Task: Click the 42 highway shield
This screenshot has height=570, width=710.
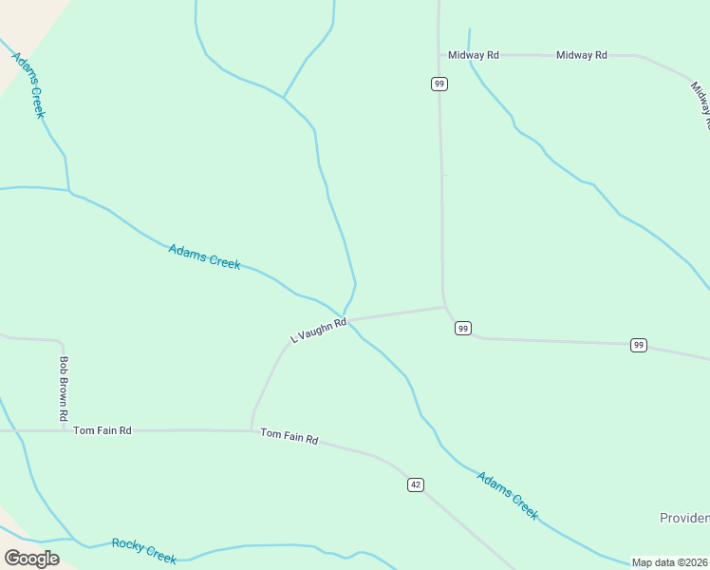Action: pyautogui.click(x=415, y=484)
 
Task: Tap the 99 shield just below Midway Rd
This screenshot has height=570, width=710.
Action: pyautogui.click(x=439, y=84)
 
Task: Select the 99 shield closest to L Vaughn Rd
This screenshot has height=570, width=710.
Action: pyautogui.click(x=462, y=328)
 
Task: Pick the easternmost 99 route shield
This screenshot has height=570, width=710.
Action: pyautogui.click(x=639, y=344)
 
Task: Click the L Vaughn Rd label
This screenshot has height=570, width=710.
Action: pyautogui.click(x=318, y=331)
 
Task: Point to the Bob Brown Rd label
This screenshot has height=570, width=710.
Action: pyautogui.click(x=64, y=389)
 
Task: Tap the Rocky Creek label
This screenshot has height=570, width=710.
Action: pyautogui.click(x=144, y=550)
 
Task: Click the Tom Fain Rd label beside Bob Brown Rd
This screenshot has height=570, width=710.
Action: pyautogui.click(x=103, y=430)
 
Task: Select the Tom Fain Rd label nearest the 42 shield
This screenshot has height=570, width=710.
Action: pyautogui.click(x=290, y=437)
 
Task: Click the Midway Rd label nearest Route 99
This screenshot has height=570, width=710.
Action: pyautogui.click(x=474, y=55)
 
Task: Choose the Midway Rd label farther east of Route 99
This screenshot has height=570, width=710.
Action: pyautogui.click(x=582, y=55)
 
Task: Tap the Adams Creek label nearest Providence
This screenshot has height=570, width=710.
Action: pyautogui.click(x=508, y=495)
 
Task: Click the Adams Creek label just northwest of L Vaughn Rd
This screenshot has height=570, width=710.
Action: pyautogui.click(x=204, y=256)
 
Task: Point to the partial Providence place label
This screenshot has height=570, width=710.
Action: pyautogui.click(x=684, y=518)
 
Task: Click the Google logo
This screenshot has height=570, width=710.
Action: pyautogui.click(x=32, y=558)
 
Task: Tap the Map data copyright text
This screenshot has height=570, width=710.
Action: pyautogui.click(x=670, y=562)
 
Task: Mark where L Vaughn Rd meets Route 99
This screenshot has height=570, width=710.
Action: pyautogui.click(x=443, y=306)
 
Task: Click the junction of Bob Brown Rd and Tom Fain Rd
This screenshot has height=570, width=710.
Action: pyautogui.click(x=64, y=430)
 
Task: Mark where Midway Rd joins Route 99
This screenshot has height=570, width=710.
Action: pyautogui.click(x=439, y=55)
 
